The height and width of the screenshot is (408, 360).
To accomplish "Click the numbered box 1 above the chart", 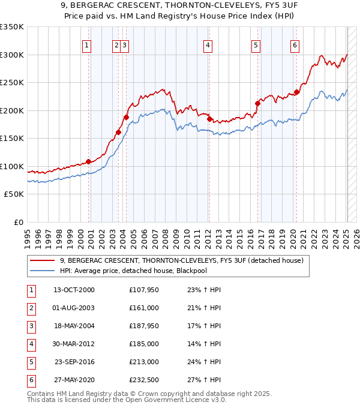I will pos(88,44).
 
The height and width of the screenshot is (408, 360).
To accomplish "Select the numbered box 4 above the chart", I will pos(208,44).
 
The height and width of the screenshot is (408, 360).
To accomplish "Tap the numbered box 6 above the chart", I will pos(295,44).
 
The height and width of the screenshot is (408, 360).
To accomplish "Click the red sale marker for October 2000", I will pos(88,161).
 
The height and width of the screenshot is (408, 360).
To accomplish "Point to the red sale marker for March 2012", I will pos(209,119).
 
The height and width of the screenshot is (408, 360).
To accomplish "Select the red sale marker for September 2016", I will pos(257,103).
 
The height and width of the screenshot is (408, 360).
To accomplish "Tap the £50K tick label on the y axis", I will pos(14,194).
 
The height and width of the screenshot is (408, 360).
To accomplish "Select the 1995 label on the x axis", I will pos(28,234).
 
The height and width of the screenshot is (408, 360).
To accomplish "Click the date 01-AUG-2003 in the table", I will pos(74,308).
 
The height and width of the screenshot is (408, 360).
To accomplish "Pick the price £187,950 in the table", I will pos(144,326).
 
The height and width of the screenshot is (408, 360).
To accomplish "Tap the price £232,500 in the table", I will pos(144,380).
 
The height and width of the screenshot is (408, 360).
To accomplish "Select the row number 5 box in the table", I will pos(31,362).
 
